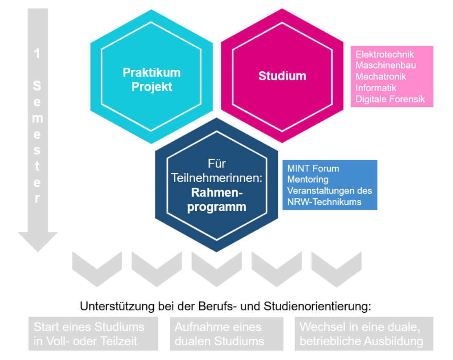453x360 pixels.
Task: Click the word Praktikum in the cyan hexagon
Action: pyautogui.click(x=151, y=73)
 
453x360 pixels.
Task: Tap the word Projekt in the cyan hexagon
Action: pyautogui.click(x=151, y=87)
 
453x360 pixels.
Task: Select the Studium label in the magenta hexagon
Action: pyautogui.click(x=282, y=76)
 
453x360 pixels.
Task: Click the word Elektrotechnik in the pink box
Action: pyautogui.click(x=384, y=55)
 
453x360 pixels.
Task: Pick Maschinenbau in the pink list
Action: pyautogui.click(x=386, y=66)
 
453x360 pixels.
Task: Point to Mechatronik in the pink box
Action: pyautogui.click(x=381, y=77)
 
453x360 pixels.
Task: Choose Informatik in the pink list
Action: pyautogui.click(x=376, y=88)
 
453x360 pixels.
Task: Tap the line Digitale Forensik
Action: pyautogui.click(x=390, y=99)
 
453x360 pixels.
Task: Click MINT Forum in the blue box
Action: pyautogui.click(x=313, y=169)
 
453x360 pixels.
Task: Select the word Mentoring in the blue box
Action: pyautogui.click(x=307, y=179)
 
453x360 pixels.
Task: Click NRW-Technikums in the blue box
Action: pyautogui.click(x=324, y=202)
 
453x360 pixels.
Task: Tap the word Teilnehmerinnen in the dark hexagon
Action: pyautogui.click(x=219, y=178)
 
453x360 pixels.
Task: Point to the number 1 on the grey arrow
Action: pyautogui.click(x=37, y=53)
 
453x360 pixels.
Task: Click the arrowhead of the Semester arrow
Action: pyautogui.click(x=38, y=241)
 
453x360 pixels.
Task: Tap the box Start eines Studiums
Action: pyautogui.click(x=93, y=334)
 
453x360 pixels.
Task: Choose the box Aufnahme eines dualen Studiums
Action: pyautogui.click(x=226, y=334)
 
